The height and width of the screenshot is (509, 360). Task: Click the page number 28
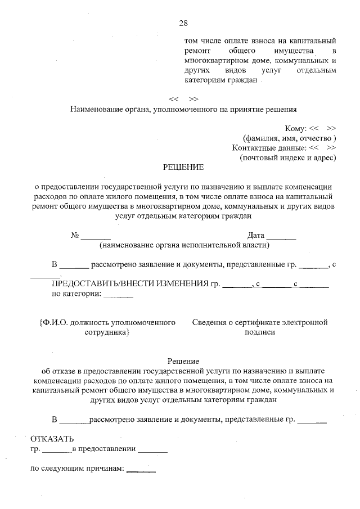[x=183, y=23]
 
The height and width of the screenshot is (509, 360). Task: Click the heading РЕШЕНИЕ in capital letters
[x=183, y=167]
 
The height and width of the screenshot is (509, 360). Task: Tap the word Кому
[x=296, y=128]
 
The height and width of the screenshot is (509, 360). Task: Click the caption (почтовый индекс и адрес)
[x=287, y=157]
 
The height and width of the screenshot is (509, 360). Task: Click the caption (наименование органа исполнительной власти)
[x=184, y=245]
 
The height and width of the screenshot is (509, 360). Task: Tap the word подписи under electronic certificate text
[x=259, y=332]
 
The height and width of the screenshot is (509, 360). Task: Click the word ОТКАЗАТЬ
[x=52, y=439]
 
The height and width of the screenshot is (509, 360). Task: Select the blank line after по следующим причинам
[x=141, y=471]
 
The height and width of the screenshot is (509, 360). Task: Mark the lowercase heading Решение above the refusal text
[x=183, y=361]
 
